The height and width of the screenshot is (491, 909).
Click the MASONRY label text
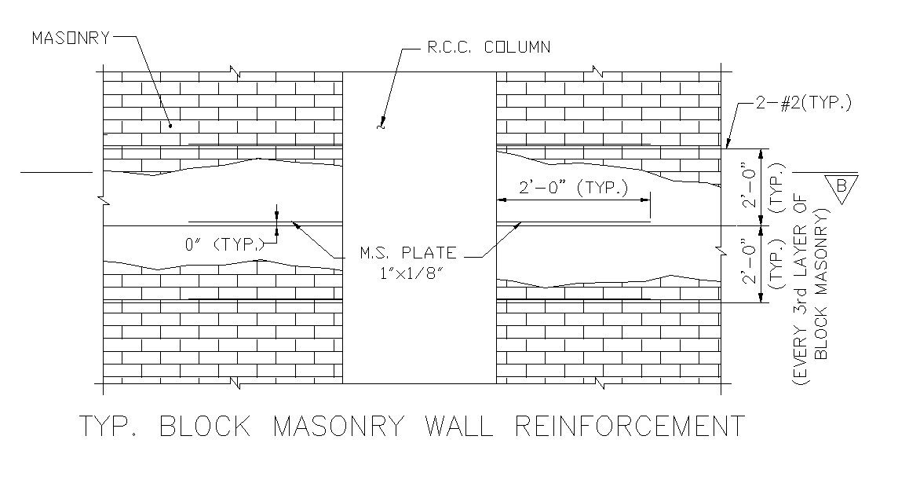70,38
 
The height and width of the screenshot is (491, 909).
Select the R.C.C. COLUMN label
488,47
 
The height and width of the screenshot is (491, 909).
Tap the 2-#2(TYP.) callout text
803,104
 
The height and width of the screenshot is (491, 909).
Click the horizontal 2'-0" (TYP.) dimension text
574,188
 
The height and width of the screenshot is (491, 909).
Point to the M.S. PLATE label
407,253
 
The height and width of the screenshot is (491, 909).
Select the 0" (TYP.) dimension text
225,245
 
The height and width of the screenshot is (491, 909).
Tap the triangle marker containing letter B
841,188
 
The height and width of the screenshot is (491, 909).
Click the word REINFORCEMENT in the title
630,427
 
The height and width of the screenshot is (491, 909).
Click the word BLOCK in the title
206,427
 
